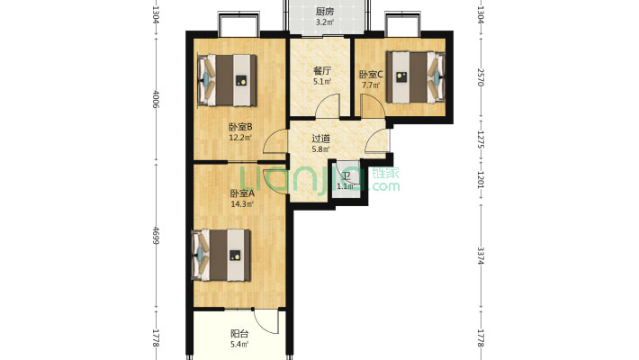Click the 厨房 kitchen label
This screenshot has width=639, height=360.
[x=324, y=13]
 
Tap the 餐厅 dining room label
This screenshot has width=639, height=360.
[x=322, y=71]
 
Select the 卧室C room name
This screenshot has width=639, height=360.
[x=371, y=75]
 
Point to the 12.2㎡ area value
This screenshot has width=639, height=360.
[x=240, y=138]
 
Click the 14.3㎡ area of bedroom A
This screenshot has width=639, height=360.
[x=242, y=204]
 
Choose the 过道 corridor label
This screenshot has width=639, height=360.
[x=320, y=139]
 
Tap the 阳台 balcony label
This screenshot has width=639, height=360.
[x=239, y=334]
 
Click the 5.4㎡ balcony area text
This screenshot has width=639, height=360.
[x=239, y=345]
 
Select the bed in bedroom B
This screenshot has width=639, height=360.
[x=227, y=80]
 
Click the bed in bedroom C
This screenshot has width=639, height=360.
[x=416, y=77]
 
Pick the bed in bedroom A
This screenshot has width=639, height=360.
[x=221, y=256]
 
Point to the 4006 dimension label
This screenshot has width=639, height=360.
[x=156, y=99]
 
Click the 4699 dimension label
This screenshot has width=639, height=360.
[x=156, y=235]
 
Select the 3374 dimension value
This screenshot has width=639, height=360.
[x=481, y=256]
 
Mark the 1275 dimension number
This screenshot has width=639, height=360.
[x=481, y=139]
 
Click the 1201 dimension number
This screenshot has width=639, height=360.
[x=481, y=179]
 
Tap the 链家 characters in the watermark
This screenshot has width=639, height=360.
[x=386, y=173]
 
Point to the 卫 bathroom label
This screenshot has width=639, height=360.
[x=346, y=176]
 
